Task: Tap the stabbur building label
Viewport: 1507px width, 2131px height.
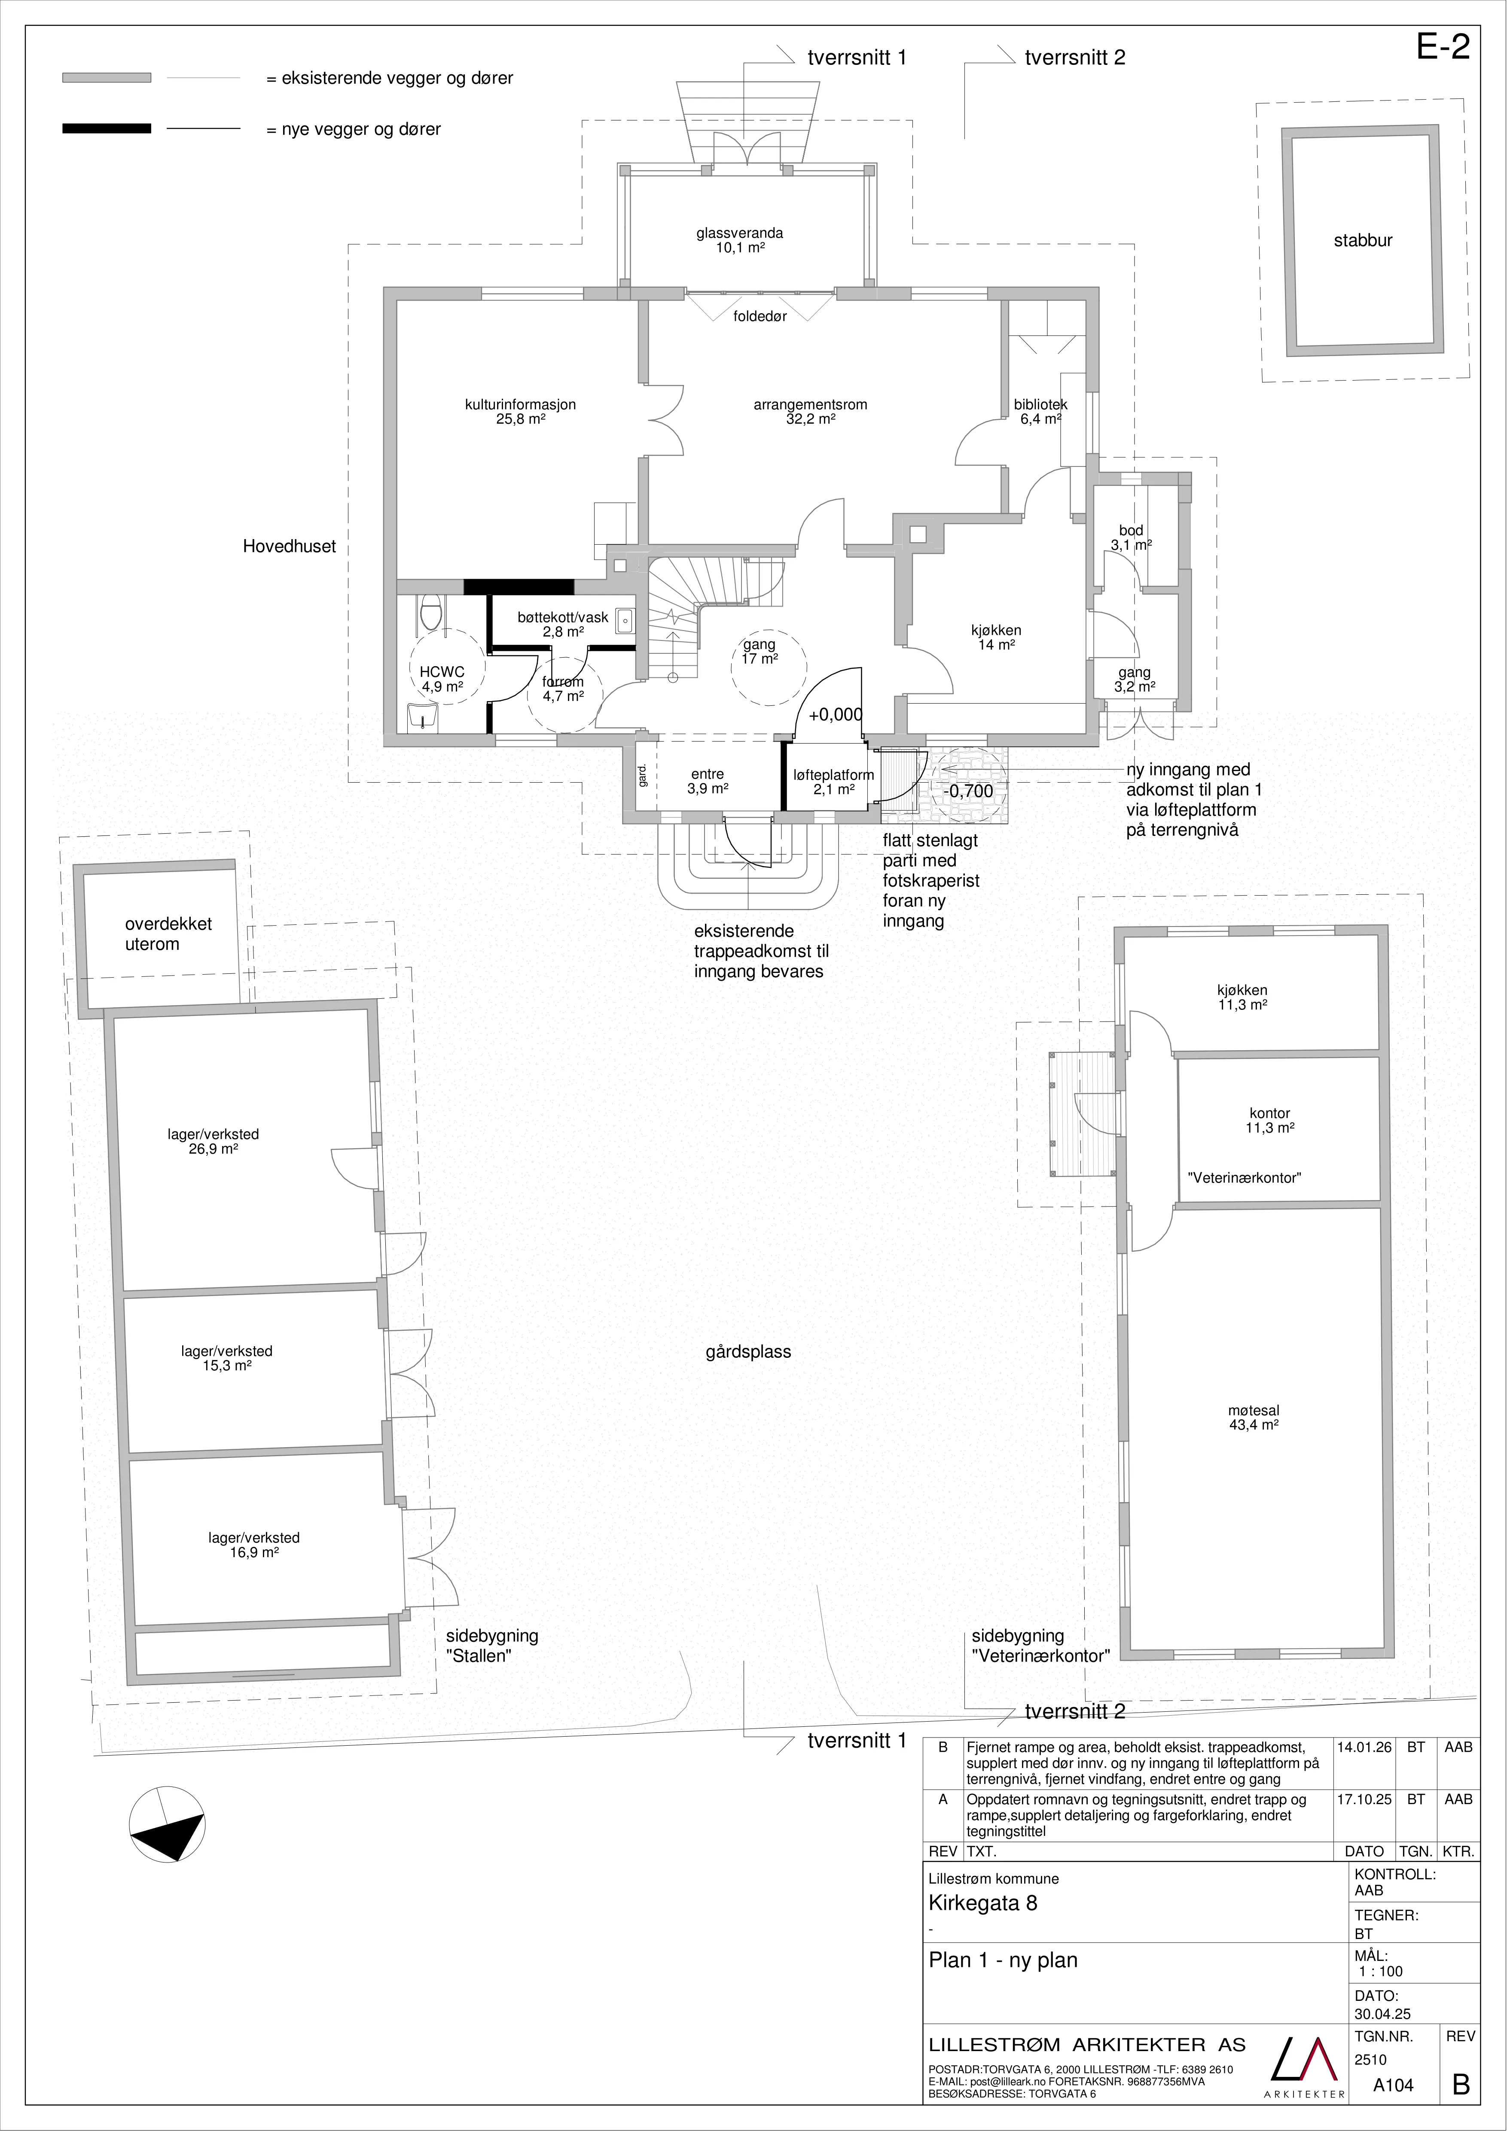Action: tap(1363, 241)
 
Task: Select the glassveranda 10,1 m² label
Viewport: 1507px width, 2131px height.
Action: tap(740, 241)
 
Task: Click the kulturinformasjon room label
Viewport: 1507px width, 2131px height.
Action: tap(521, 411)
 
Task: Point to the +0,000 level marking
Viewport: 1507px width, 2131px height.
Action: tap(835, 715)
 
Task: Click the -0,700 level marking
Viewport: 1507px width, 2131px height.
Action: tap(968, 792)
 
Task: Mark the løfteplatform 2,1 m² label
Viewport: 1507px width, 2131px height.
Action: tap(833, 782)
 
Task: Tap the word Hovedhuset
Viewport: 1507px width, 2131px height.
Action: tap(290, 547)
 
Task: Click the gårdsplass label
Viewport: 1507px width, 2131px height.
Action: tap(748, 1352)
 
